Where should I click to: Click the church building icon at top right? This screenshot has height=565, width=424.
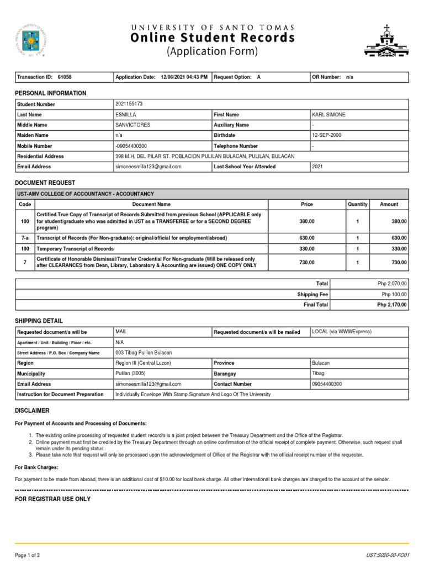386,41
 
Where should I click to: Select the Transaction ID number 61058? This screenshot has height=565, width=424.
65,77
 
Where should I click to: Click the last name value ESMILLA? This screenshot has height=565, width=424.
125,115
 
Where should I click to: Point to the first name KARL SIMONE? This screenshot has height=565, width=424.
328,115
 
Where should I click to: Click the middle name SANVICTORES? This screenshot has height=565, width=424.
132,125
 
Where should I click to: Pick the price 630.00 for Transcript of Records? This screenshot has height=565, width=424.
307,238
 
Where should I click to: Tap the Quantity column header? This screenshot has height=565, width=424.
357,204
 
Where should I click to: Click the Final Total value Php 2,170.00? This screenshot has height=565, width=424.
391,305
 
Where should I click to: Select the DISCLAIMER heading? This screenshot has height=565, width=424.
32,411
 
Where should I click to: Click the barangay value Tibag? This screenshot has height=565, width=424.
319,374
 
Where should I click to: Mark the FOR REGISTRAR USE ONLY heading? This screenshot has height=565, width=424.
52,499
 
